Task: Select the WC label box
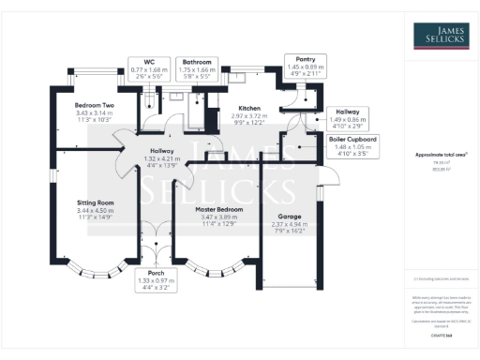(x=148, y=68)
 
